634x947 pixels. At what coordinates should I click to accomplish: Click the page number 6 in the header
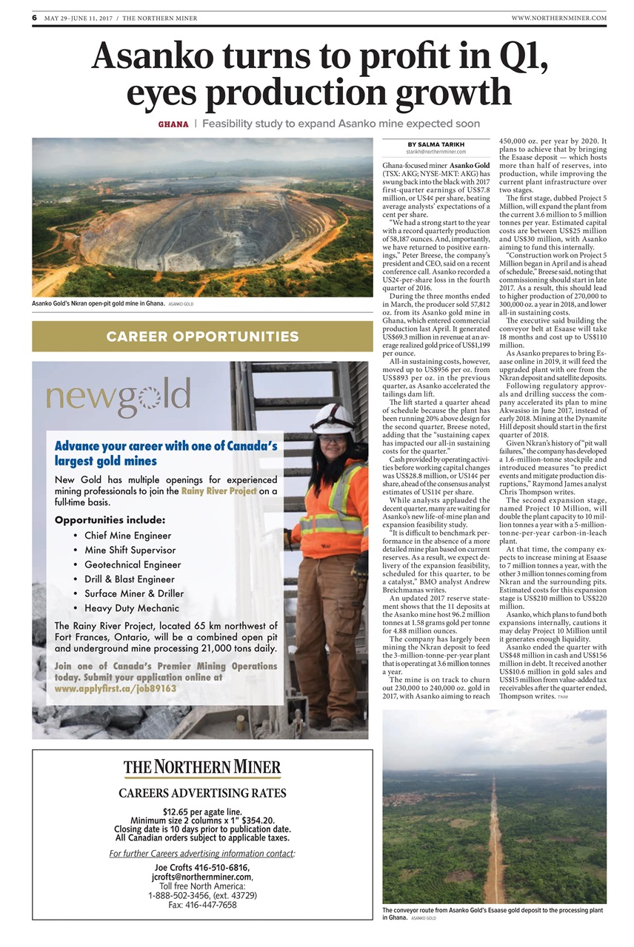[x=35, y=18]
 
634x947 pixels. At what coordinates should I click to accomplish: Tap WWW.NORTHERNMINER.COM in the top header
[x=558, y=18]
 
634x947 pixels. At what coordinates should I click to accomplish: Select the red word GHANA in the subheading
[x=173, y=124]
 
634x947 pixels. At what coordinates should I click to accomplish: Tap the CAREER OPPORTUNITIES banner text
[x=202, y=337]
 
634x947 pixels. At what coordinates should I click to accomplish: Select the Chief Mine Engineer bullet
[x=128, y=535]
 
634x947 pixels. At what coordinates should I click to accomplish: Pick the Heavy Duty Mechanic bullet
[x=132, y=607]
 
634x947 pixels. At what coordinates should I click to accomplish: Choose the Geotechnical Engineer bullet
[x=133, y=565]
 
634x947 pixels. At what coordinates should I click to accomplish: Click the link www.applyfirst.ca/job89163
[x=116, y=687]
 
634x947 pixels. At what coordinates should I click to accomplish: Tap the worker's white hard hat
[x=333, y=418]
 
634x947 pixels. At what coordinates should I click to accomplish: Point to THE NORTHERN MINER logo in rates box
[x=202, y=766]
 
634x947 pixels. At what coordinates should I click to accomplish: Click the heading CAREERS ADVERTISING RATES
[x=202, y=793]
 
